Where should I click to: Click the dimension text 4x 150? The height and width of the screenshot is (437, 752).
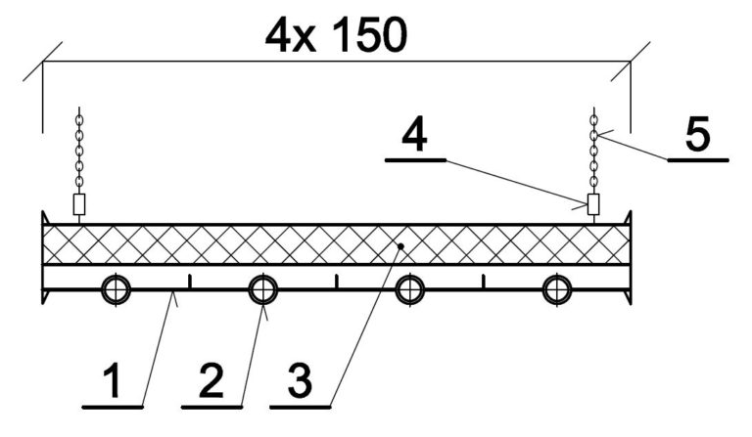335,35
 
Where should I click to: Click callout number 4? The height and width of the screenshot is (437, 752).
415,137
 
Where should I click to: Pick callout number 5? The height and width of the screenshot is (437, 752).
698,136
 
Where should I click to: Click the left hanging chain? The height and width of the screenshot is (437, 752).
80,153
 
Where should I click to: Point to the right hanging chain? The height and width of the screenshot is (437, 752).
592,153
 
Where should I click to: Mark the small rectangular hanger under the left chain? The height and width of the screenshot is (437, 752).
80,204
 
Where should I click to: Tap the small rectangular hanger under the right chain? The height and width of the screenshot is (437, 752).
592,204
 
